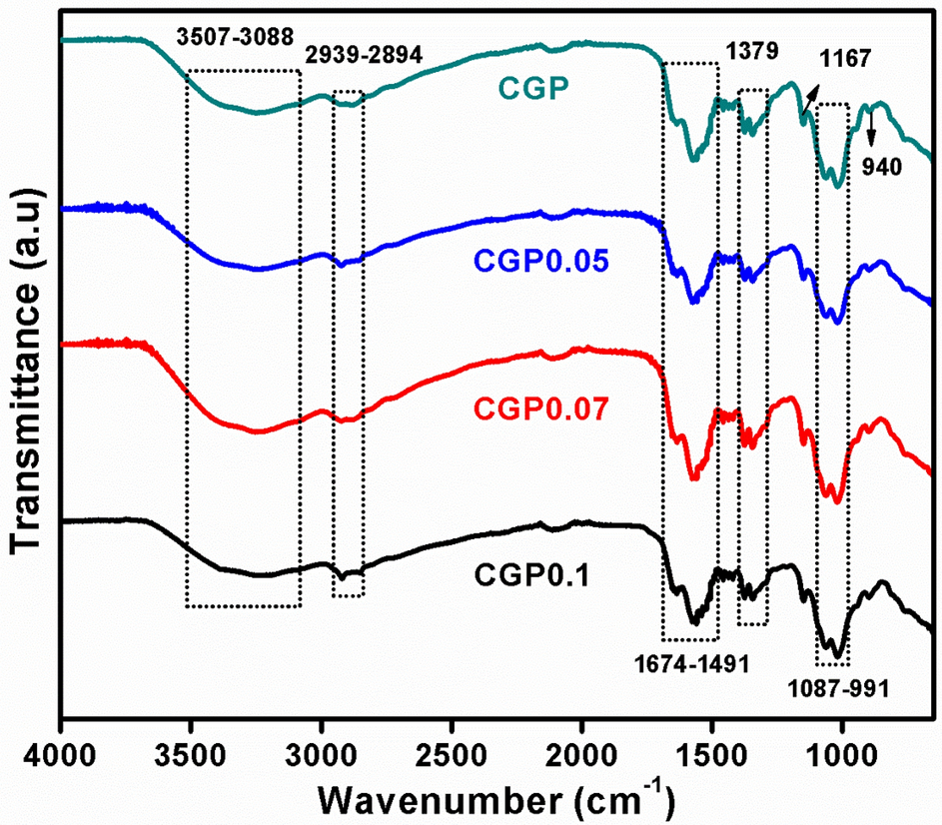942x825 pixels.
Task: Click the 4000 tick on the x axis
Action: pyautogui.click(x=61, y=749)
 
